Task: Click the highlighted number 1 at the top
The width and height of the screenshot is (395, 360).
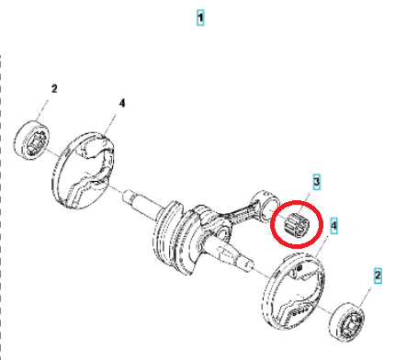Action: click(200, 17)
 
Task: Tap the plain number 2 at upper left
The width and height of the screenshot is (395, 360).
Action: click(54, 89)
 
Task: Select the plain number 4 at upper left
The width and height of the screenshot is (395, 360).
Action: click(122, 103)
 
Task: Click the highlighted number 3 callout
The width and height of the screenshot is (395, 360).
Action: click(316, 182)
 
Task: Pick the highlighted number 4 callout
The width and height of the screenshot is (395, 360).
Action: click(333, 226)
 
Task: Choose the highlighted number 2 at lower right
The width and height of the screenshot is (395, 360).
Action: click(378, 276)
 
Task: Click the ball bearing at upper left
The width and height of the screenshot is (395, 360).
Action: click(32, 140)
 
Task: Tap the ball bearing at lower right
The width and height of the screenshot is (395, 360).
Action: click(347, 321)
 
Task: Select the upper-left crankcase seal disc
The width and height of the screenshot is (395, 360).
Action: click(84, 170)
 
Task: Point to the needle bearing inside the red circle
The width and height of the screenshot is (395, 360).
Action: click(297, 225)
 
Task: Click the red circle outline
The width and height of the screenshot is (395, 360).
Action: click(321, 224)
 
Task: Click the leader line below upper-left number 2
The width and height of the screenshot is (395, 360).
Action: click(42, 109)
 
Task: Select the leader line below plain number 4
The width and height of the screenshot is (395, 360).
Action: click(110, 123)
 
